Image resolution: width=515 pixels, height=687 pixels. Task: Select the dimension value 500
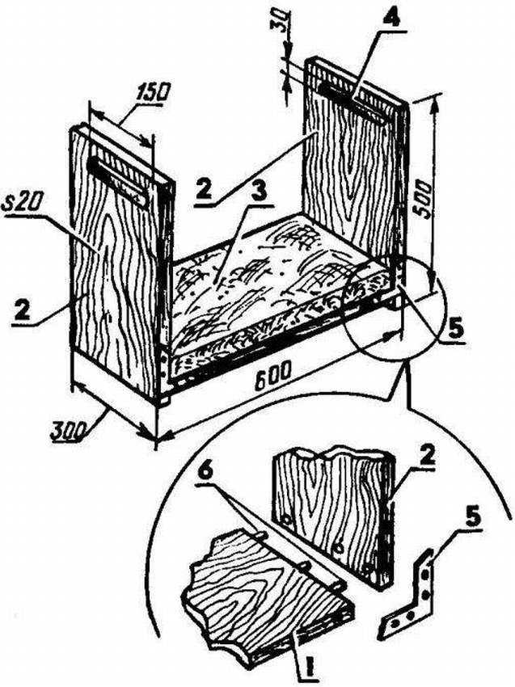424,200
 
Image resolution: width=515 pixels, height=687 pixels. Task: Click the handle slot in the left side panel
117,182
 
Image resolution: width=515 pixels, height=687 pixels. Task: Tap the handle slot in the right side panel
352,103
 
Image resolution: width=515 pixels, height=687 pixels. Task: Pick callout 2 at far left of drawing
22,310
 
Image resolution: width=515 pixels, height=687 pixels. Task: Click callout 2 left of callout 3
205,190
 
